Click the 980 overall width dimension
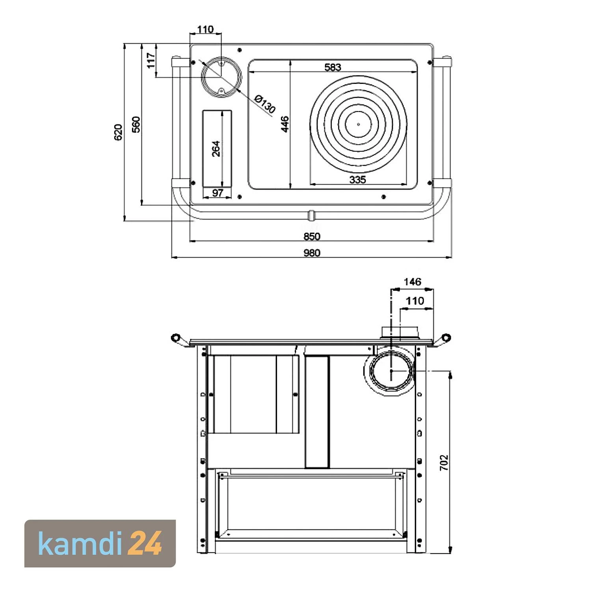[312, 253]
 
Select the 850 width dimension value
[312, 236]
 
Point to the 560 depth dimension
[136, 125]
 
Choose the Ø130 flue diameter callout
[265, 104]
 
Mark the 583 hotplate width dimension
[333, 67]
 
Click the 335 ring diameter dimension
[357, 180]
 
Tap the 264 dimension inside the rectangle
[216, 149]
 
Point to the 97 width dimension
[217, 193]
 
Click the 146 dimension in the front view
[412, 282]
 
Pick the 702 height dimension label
[444, 463]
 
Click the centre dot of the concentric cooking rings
[358, 124]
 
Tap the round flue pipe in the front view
[390, 371]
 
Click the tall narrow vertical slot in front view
[317, 412]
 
